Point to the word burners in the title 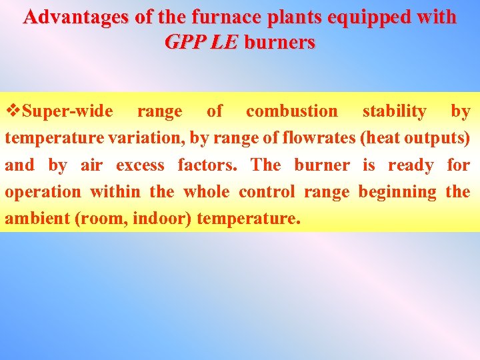tap(280, 42)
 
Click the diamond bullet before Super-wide tap(13, 111)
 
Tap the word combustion tap(292, 111)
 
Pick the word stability tap(394, 111)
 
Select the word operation tap(43, 191)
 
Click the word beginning tap(397, 191)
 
